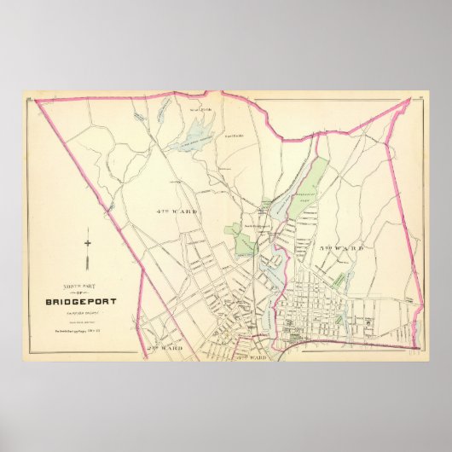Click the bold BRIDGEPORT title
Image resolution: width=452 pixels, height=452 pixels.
77,298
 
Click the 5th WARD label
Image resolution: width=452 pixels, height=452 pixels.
341,248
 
